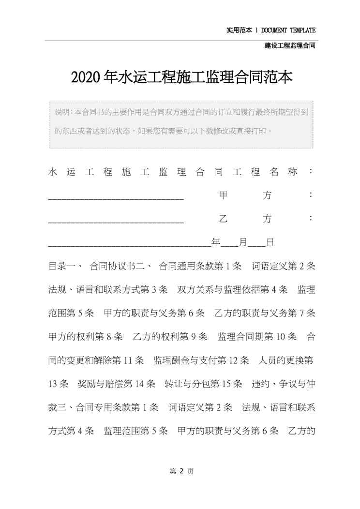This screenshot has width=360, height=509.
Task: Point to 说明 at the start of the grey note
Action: click(x=61, y=112)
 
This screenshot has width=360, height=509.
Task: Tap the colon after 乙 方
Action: click(x=311, y=219)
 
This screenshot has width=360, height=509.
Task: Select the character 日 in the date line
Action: click(x=270, y=242)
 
